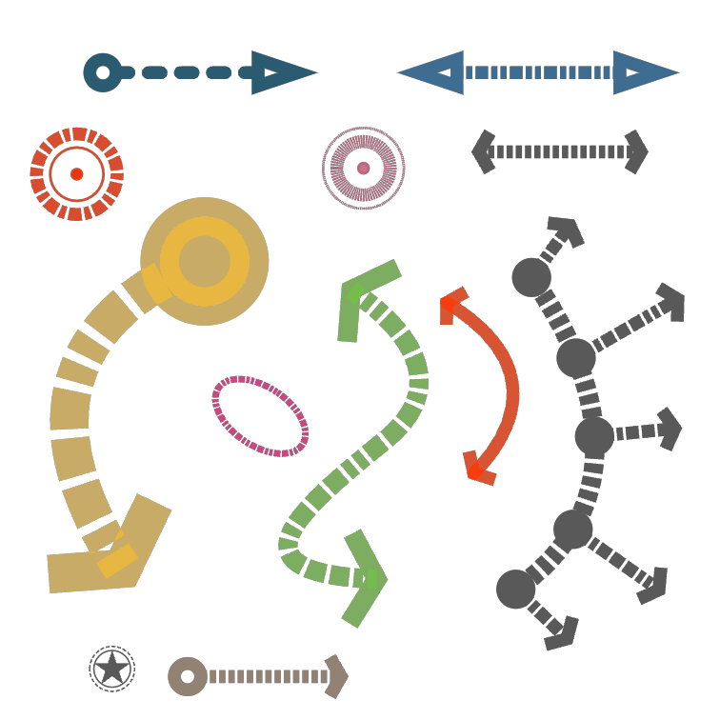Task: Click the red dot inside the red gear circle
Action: pyautogui.click(x=76, y=174)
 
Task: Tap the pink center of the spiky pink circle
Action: pyautogui.click(x=363, y=169)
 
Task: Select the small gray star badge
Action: pyautogui.click(x=112, y=669)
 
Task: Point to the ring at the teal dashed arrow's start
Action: pyautogui.click(x=102, y=72)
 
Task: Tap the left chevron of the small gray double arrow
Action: pyautogui.click(x=484, y=151)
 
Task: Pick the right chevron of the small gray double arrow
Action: pyautogui.click(x=636, y=151)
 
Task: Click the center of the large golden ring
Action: pyautogui.click(x=205, y=261)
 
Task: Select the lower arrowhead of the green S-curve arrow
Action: pyautogui.click(x=367, y=578)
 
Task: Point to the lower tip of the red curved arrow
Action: pyautogui.click(x=476, y=469)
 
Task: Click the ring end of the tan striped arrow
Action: pyautogui.click(x=188, y=676)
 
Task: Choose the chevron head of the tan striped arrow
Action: pyautogui.click(x=336, y=676)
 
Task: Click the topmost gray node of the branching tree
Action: pyautogui.click(x=531, y=277)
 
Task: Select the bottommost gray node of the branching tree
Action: pyautogui.click(x=515, y=589)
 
